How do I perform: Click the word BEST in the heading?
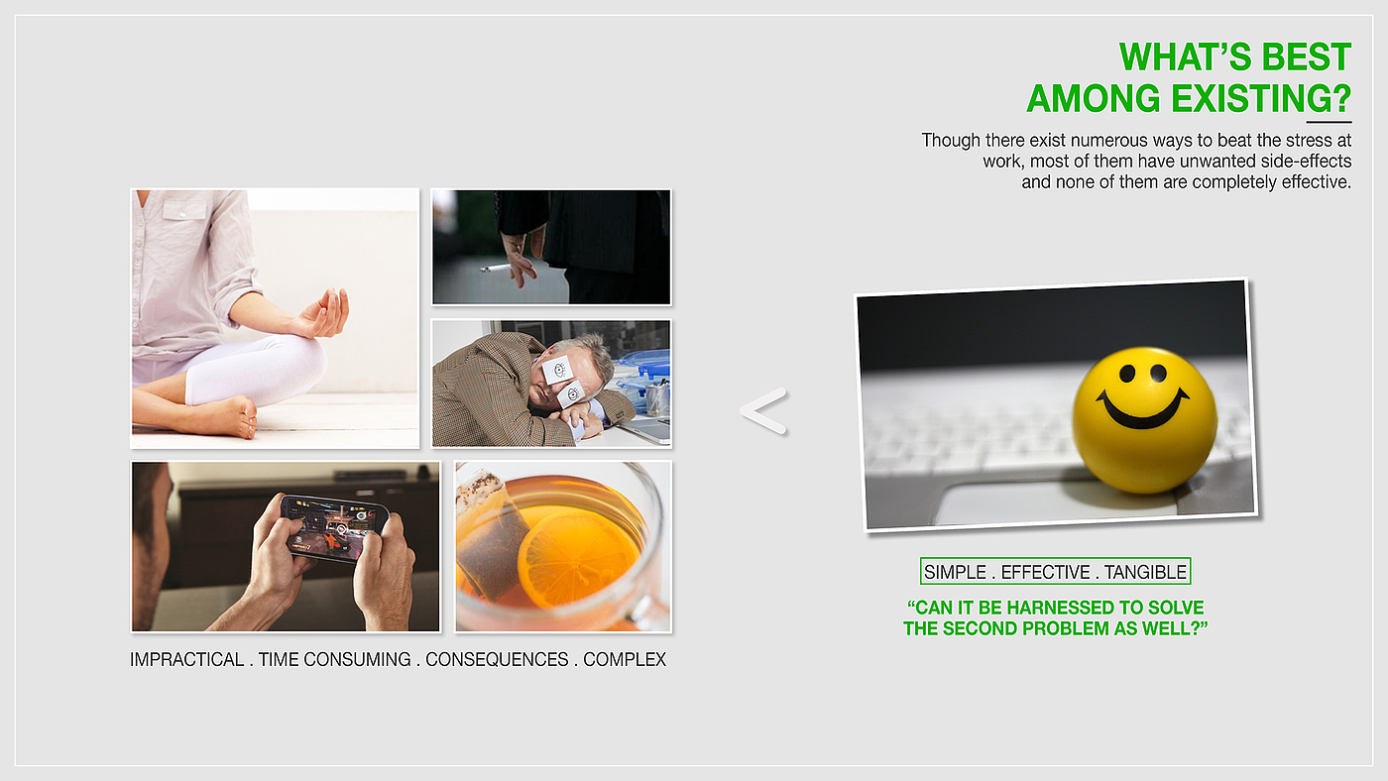[x=1307, y=56]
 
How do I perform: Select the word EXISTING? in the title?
[x=1261, y=98]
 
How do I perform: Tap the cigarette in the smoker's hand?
[x=496, y=269]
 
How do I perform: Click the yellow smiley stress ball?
[x=1145, y=420]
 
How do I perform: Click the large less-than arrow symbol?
[x=763, y=410]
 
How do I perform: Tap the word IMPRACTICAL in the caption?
[x=186, y=660]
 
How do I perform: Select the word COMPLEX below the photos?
[x=625, y=660]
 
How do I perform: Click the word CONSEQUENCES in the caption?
[x=497, y=660]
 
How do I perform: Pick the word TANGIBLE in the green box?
[x=1145, y=572]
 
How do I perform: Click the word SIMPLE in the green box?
[x=955, y=572]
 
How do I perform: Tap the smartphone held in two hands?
[x=335, y=527]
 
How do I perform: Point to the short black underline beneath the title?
[x=1329, y=122]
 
